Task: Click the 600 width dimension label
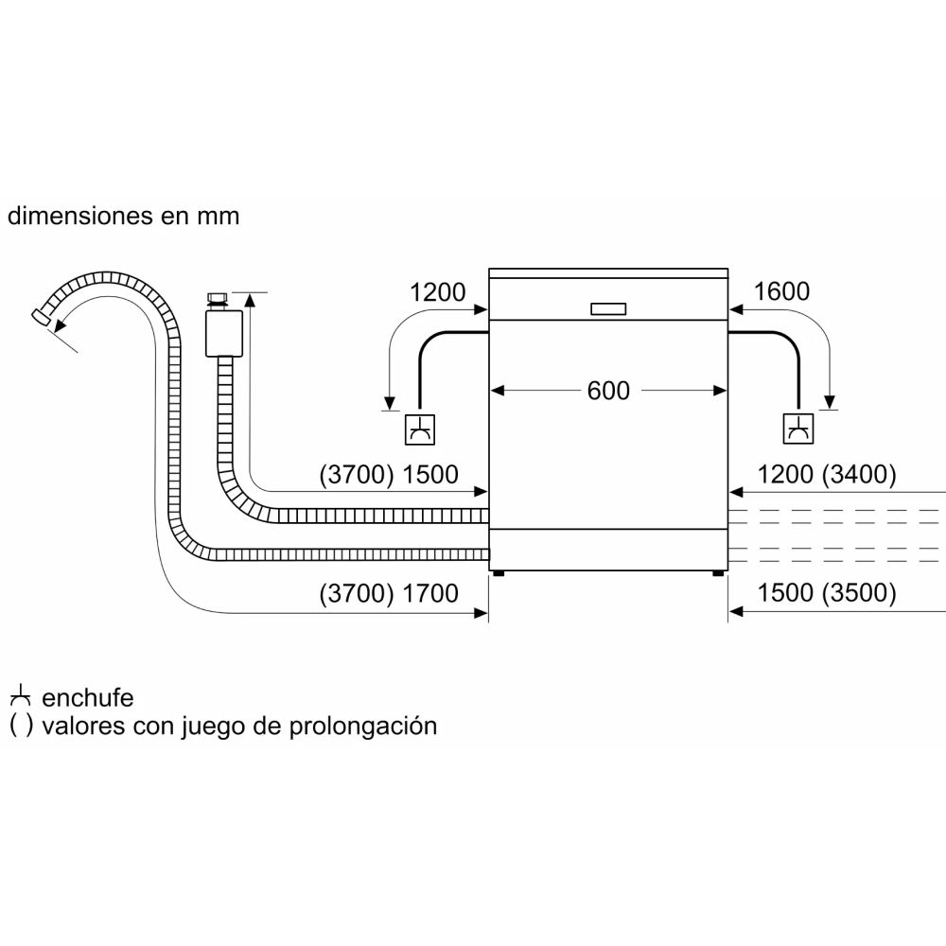coord(608,391)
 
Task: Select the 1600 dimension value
coord(781,291)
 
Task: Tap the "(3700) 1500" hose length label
coord(389,475)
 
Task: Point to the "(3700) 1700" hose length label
coord(389,594)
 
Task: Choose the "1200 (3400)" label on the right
coord(826,475)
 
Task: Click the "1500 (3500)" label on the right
coord(826,593)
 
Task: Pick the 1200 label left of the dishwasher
coord(437,292)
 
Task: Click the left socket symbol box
coord(419,429)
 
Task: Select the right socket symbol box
coord(797,429)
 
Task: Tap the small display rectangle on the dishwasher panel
coord(608,309)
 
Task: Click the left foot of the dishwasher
coord(499,573)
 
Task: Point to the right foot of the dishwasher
coord(718,573)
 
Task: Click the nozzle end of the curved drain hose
coord(41,317)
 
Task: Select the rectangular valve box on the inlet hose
coord(224,334)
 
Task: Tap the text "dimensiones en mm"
coord(124,216)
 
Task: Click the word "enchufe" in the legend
coord(87,698)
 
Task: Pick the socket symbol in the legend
coord(20,696)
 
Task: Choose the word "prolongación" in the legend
coord(362,727)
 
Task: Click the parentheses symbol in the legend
coord(21,726)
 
